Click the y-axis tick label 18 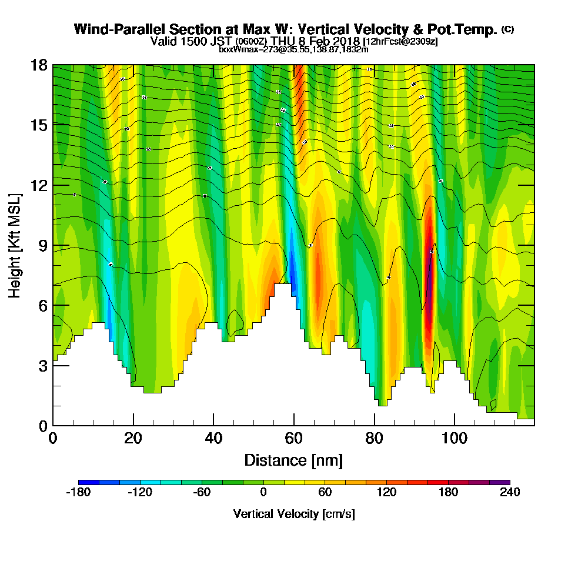(x=39, y=65)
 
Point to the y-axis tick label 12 (x=39, y=185)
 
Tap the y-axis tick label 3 (x=43, y=365)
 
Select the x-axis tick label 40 (x=213, y=439)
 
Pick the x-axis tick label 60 (x=293, y=439)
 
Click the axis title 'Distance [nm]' (x=293, y=460)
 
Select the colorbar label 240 (x=510, y=493)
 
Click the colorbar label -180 (x=78, y=493)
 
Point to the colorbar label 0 (x=263, y=493)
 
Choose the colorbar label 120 (x=386, y=493)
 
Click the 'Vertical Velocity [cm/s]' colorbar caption (x=293, y=514)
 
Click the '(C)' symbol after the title (x=507, y=29)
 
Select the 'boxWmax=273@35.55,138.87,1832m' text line (x=293, y=49)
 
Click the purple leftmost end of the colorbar (x=83, y=483)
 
